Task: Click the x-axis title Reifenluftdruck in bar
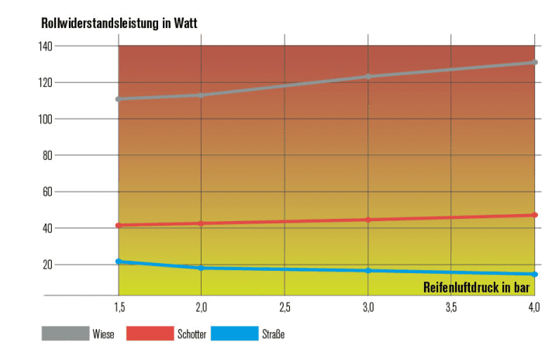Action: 480,287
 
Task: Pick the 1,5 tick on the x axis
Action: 119,308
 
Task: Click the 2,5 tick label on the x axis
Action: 285,308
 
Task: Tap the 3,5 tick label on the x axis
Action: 451,308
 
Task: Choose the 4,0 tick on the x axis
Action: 534,308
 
